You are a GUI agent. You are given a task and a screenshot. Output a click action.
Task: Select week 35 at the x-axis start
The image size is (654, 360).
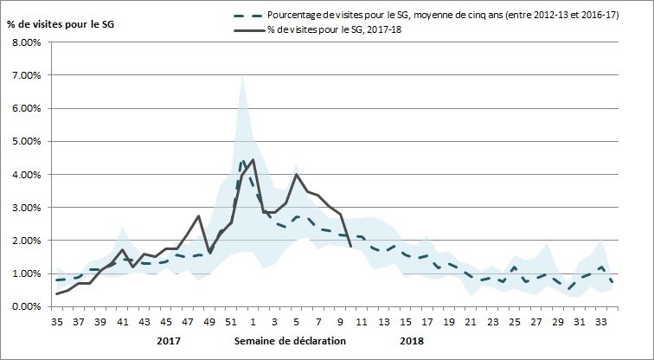(57, 321)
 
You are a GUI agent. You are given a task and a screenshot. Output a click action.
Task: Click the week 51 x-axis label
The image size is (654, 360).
(231, 321)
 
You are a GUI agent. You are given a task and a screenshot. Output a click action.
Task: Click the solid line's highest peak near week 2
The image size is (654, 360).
(253, 160)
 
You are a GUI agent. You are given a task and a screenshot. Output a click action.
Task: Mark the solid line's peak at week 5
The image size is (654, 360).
(297, 175)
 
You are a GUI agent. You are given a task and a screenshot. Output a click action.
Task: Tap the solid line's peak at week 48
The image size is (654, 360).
(199, 216)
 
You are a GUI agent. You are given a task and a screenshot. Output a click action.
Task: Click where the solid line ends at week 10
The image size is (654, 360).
(350, 246)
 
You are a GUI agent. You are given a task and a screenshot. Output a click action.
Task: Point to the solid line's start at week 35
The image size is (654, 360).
(57, 294)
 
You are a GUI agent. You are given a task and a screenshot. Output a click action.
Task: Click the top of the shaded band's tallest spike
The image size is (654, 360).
(242, 75)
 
